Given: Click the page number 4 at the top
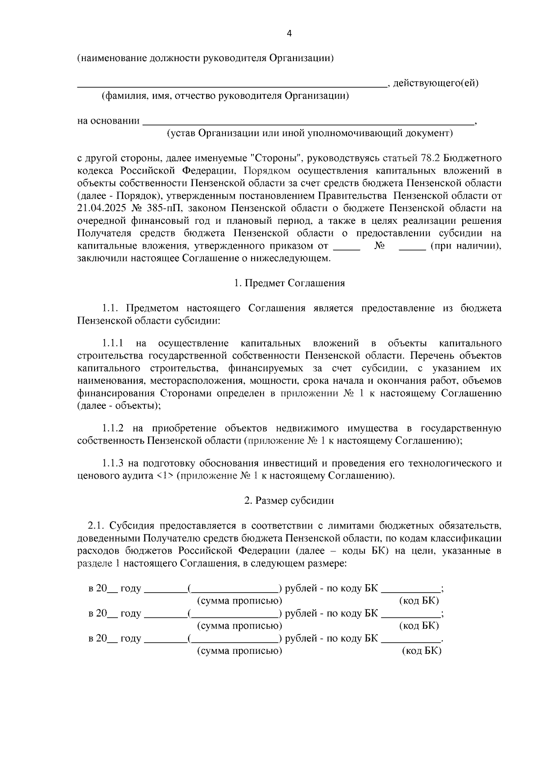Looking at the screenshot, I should point(289,34).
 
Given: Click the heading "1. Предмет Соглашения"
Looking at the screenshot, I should point(289,283).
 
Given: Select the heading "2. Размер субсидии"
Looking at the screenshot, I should point(289,501).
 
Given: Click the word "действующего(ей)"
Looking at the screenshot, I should point(436,83).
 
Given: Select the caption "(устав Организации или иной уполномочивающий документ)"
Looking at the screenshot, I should point(310,133).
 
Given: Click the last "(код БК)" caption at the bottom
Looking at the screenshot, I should point(421,651).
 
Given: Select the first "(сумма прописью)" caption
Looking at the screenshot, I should point(240,601).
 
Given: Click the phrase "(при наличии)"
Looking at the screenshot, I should point(465,246).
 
